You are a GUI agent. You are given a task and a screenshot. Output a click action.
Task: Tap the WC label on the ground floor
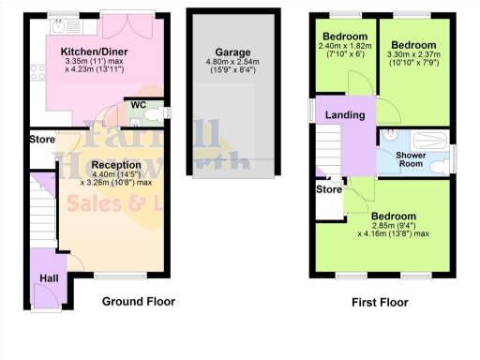(138, 104)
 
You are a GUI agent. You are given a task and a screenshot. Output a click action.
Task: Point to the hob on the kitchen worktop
(36, 70)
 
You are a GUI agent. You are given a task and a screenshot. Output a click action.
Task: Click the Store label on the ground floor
(42, 141)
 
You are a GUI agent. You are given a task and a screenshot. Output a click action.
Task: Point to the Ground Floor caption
(138, 301)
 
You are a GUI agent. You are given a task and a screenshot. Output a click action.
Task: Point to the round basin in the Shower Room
(387, 134)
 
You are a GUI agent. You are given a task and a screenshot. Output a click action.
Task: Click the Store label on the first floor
(329, 190)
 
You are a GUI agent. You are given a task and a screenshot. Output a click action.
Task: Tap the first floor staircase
(326, 145)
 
